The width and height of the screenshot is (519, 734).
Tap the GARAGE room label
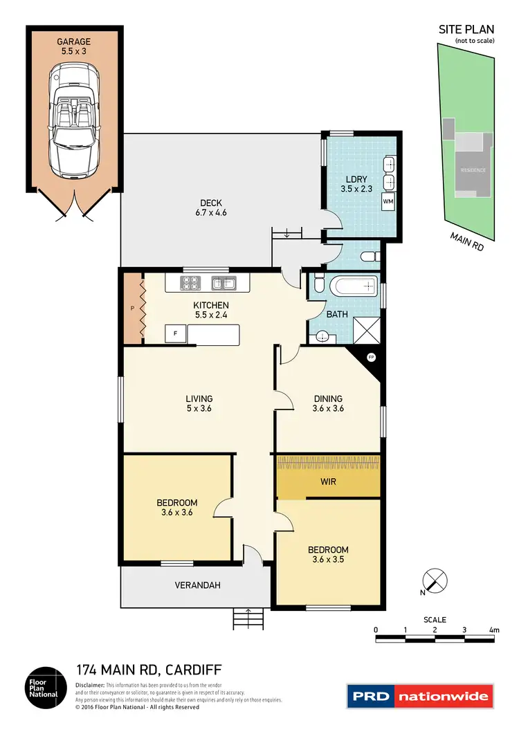pyautogui.click(x=74, y=42)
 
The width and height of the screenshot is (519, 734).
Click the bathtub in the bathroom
pyautogui.click(x=353, y=286)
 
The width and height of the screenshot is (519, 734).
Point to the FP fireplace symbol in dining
pyautogui.click(x=371, y=358)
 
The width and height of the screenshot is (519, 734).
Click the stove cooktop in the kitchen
pyautogui.click(x=190, y=282)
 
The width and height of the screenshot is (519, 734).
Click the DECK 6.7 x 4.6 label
pyautogui.click(x=211, y=208)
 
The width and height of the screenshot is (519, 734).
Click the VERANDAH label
pyautogui.click(x=197, y=585)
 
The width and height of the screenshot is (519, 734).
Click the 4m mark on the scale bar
pyautogui.click(x=493, y=630)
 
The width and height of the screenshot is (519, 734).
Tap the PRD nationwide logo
pyautogui.click(x=420, y=696)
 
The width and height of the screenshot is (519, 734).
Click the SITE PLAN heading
pyautogui.click(x=466, y=29)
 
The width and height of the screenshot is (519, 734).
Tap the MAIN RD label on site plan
pyautogui.click(x=468, y=242)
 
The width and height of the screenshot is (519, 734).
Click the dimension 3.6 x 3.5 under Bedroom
pyautogui.click(x=328, y=560)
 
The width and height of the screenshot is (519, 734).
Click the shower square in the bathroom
pyautogui.click(x=366, y=329)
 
